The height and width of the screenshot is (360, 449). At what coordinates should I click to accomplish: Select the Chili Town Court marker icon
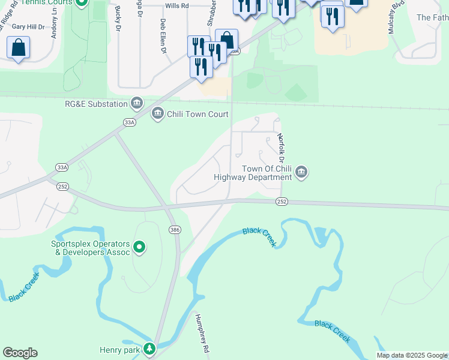pos(158,113)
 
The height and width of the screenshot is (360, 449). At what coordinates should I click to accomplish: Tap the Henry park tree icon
pos(149,349)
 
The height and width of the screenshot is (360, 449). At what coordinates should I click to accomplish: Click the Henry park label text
pos(119,349)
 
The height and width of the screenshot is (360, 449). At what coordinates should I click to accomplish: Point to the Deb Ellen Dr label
pos(163,36)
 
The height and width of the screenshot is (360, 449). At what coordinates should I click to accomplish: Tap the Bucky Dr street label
pos(117,20)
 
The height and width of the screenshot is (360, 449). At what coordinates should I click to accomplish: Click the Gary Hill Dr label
pos(28,27)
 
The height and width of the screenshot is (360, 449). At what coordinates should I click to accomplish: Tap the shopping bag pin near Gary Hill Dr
pos(19,47)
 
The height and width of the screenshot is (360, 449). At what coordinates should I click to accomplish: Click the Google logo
pos(20,353)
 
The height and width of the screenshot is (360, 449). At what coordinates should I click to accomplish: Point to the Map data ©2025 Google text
pos(412,355)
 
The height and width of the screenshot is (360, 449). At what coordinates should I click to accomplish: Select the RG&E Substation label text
pos(96,104)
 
